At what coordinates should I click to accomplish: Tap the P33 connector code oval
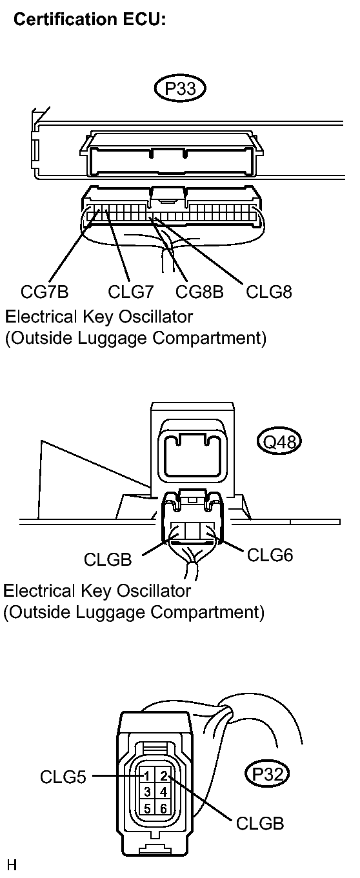(180, 88)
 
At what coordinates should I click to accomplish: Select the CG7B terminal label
(44, 292)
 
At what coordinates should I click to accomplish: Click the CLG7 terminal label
(130, 292)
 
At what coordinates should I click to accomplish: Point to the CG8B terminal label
(199, 292)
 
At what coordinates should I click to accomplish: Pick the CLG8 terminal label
(269, 292)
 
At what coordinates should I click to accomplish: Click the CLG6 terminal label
(270, 554)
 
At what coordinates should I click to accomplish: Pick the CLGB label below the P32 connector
(259, 824)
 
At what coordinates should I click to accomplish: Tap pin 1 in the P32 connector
(148, 776)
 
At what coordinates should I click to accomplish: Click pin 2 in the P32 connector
(163, 776)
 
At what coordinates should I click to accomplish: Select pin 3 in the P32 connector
(148, 791)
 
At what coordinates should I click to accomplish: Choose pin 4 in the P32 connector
(163, 791)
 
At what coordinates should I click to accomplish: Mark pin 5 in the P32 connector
(148, 806)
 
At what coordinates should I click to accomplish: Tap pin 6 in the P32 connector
(163, 806)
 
